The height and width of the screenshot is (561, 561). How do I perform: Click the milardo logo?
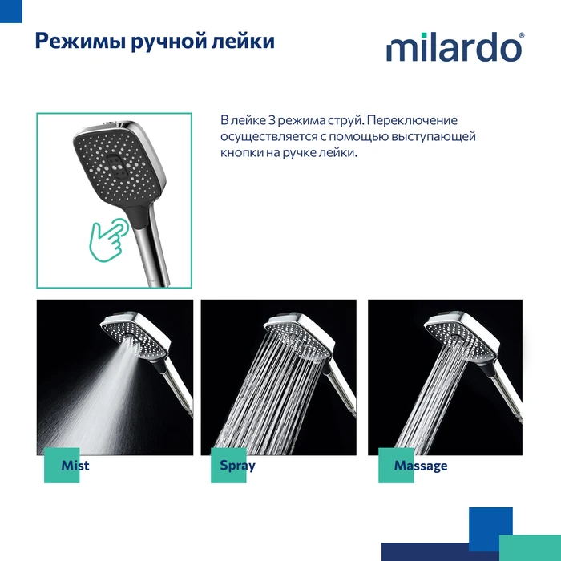[454, 46]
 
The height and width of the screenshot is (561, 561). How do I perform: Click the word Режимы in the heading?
[80, 41]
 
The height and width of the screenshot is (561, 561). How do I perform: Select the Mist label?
[75, 466]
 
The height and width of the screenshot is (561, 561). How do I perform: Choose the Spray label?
[237, 466]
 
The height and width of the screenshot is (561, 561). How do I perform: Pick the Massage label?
[421, 466]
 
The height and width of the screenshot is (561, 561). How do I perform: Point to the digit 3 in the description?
[272, 120]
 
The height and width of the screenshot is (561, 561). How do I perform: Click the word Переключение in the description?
[412, 120]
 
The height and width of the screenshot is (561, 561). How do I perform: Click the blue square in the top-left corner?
[10, 11]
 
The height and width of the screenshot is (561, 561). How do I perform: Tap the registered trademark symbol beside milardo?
[521, 35]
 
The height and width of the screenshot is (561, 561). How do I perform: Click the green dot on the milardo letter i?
[424, 35]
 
